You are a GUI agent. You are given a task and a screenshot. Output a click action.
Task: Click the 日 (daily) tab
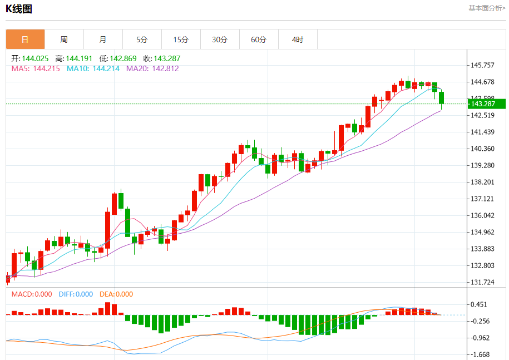point(25,40)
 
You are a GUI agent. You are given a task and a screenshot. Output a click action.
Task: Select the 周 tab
point(64,40)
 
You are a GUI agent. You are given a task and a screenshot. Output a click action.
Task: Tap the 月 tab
point(103,40)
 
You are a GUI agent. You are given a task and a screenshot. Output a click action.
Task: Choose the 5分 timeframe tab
point(142,40)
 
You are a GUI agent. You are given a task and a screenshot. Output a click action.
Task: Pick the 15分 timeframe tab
point(181,40)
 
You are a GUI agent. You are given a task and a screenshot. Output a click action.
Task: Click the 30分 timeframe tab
point(220,40)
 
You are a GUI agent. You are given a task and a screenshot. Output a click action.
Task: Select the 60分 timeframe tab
point(259,40)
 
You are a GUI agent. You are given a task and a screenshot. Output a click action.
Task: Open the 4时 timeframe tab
point(298,40)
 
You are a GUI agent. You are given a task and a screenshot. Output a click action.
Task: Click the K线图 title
point(19,8)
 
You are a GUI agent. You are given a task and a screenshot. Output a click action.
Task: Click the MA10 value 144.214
point(106,69)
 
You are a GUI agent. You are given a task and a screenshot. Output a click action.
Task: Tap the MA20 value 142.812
point(166,69)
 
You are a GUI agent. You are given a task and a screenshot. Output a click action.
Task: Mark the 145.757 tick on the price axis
point(482,65)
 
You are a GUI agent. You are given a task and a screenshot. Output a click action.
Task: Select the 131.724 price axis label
point(482,282)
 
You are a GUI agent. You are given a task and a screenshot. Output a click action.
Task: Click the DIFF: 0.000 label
point(75,294)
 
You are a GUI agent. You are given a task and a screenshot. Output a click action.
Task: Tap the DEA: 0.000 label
point(116,294)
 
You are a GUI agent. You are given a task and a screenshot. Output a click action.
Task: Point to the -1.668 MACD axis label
point(481,354)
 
